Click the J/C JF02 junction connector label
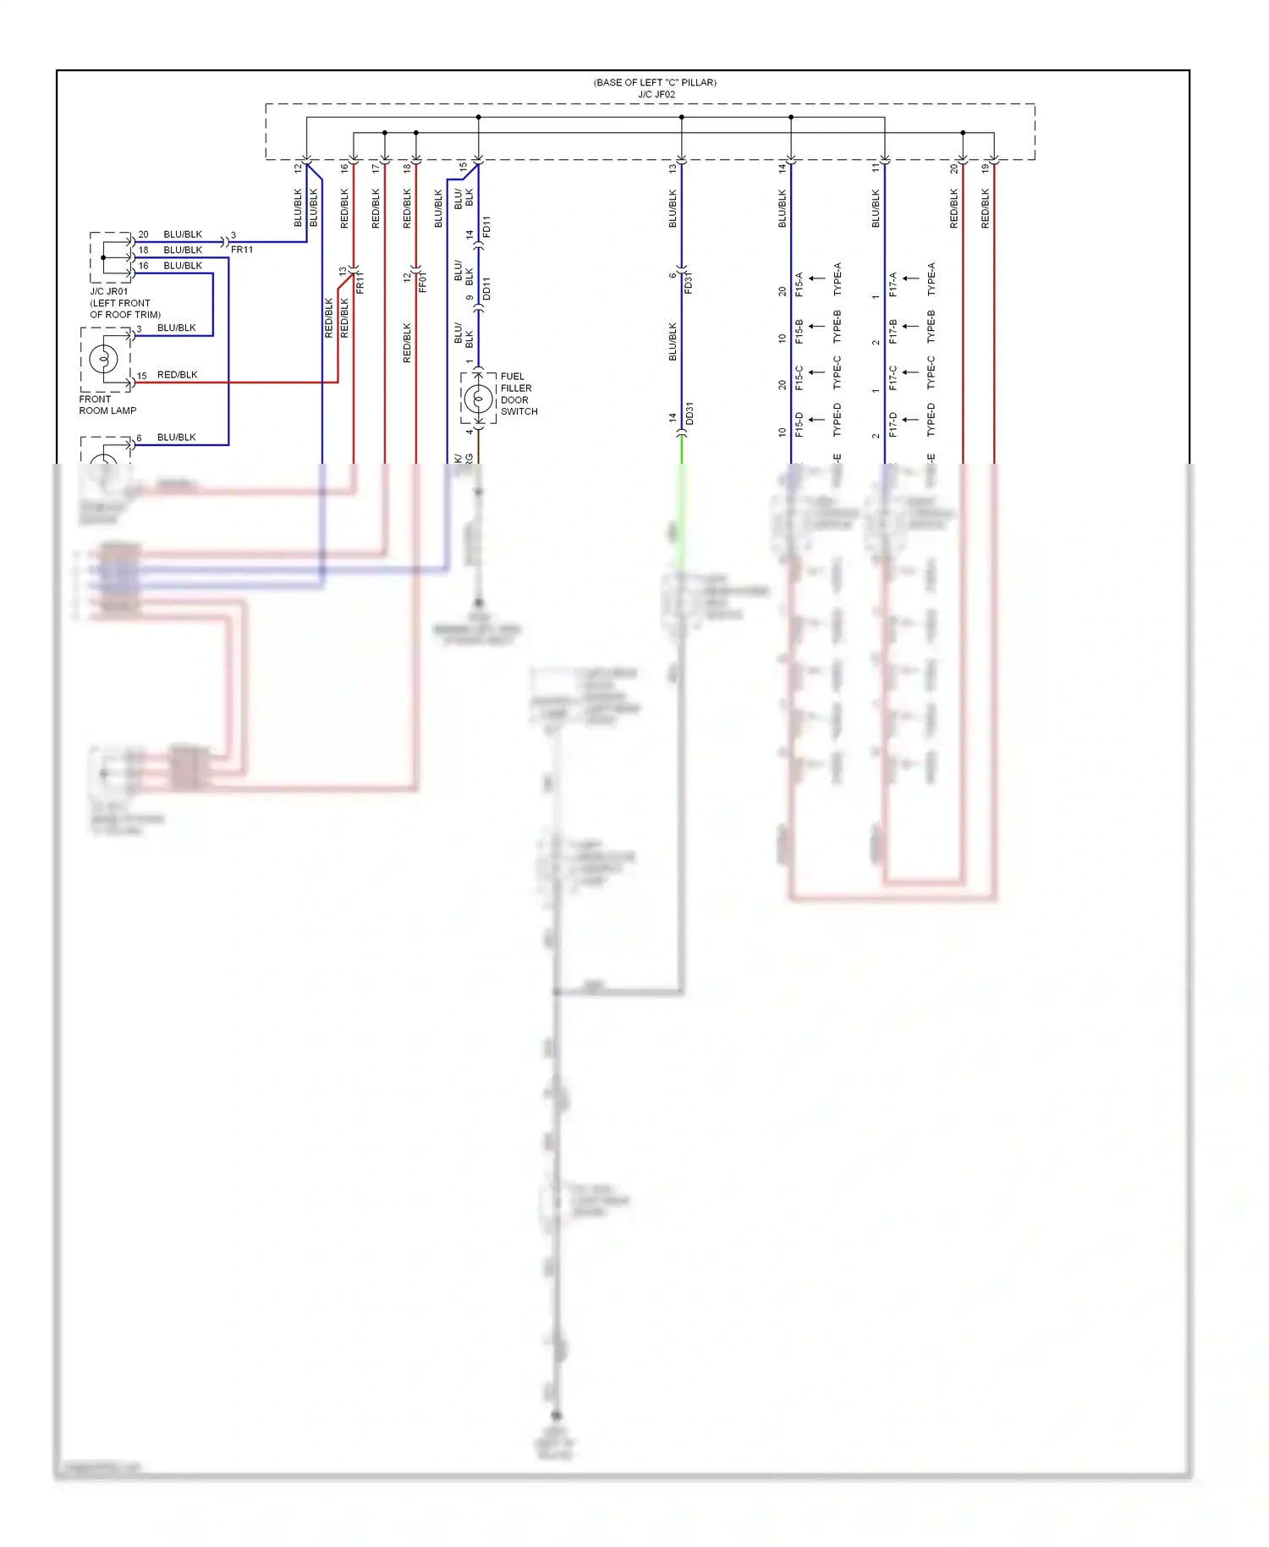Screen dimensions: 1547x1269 tap(656, 95)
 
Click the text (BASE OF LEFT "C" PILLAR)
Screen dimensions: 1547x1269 tap(655, 83)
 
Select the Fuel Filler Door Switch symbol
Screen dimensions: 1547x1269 tap(478, 398)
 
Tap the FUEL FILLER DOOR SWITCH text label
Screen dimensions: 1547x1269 tap(519, 394)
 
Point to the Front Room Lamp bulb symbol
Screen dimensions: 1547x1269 tap(104, 359)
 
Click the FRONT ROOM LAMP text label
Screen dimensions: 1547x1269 tap(107, 405)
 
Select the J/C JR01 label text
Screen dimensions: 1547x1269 tap(109, 291)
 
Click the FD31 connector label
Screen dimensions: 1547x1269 tap(689, 283)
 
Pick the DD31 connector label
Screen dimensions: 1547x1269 tap(689, 414)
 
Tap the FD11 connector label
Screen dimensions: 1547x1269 tap(486, 227)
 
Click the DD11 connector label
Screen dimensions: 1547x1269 tap(486, 289)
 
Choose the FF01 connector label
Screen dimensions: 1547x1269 tap(423, 282)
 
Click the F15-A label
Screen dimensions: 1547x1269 tap(799, 284)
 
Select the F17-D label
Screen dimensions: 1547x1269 tap(893, 425)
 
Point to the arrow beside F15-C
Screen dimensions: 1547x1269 tap(816, 372)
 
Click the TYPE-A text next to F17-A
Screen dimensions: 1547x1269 tap(931, 279)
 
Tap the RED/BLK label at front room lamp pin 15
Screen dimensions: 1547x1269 tap(177, 375)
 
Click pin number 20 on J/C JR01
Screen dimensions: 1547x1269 tap(143, 234)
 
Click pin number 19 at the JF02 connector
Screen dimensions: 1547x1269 tap(985, 168)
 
